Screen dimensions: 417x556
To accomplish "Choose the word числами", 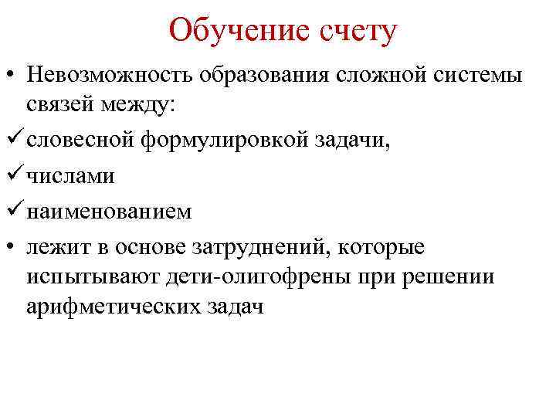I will [x=70, y=176].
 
